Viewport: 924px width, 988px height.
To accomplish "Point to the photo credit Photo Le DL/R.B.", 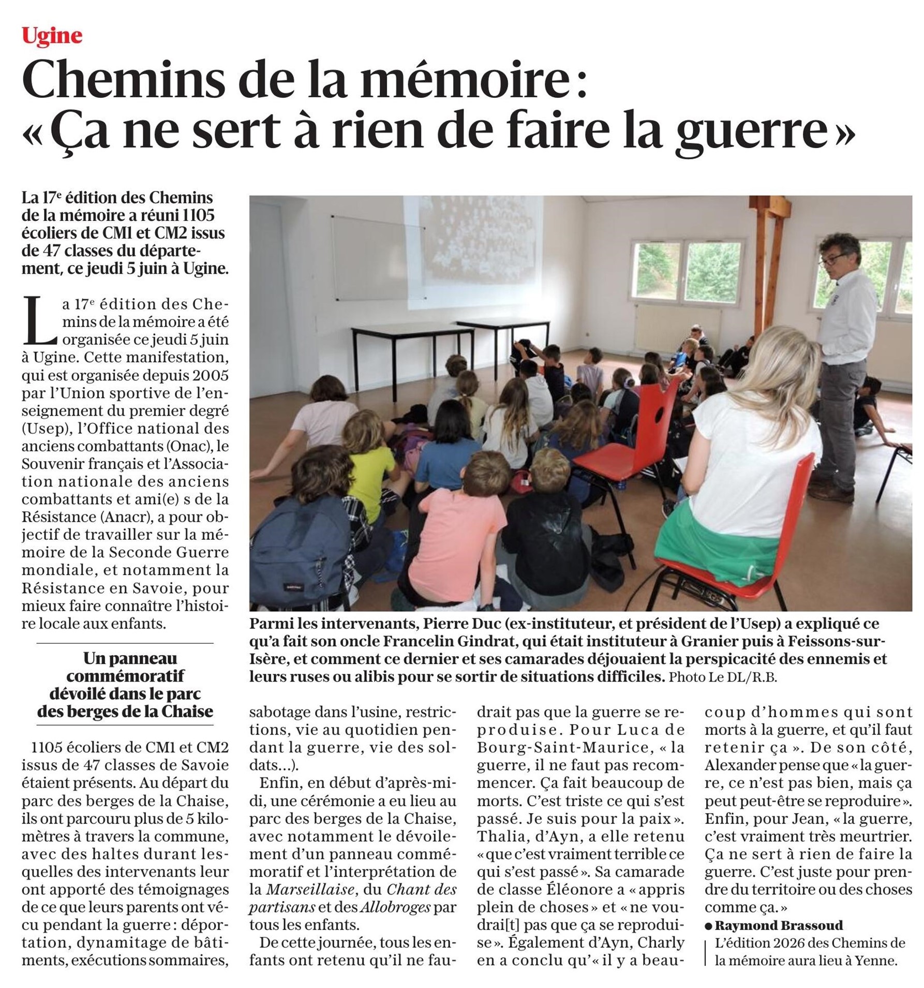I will (723, 677).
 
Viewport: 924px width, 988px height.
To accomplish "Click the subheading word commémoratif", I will (125, 676).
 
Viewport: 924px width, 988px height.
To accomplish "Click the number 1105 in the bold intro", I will (196, 215).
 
